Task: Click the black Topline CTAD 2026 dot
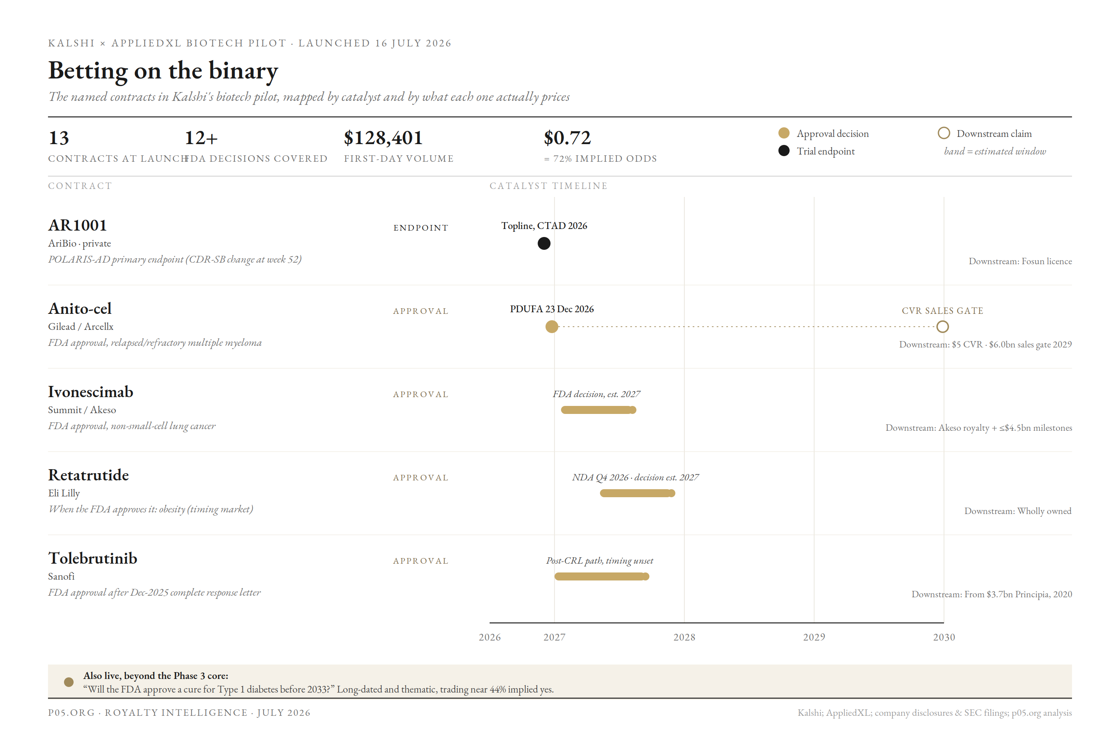[x=544, y=243]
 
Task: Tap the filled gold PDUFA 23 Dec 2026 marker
[x=552, y=327]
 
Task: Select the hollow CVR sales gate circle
[x=942, y=327]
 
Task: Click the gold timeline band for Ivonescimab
[x=598, y=410]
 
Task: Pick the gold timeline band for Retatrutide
[x=638, y=494]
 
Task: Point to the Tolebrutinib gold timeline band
[x=602, y=577]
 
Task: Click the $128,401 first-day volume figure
[x=383, y=138]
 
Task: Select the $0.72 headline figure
[x=567, y=138]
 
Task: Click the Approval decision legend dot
[x=784, y=133]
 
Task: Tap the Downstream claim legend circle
[x=944, y=133]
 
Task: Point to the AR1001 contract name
[x=78, y=225]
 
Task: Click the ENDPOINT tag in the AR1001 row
[x=421, y=228]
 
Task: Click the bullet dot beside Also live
[x=69, y=682]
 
